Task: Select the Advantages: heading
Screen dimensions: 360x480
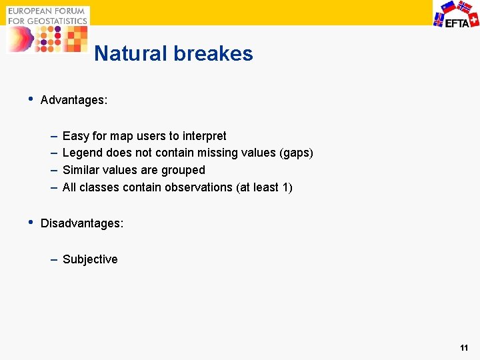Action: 74,101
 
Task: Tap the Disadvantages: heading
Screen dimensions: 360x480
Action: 82,224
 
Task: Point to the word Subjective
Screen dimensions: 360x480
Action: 90,259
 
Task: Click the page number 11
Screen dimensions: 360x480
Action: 464,348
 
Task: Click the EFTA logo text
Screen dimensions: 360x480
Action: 457,21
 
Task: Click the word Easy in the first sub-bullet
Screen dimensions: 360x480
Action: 75,136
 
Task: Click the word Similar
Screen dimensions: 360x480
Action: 81,170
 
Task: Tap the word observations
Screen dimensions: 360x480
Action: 200,187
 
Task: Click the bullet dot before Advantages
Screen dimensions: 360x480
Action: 29,99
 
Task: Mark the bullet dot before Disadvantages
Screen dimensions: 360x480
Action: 29,223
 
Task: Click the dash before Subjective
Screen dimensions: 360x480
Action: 53,259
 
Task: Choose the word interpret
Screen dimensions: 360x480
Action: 204,137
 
